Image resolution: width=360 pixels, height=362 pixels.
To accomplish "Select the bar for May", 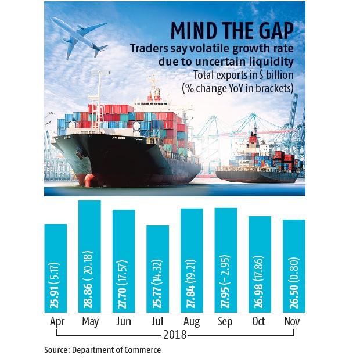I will point(89,256).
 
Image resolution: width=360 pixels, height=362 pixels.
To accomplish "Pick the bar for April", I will point(56,268).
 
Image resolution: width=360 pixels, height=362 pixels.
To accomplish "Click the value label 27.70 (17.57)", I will point(124,279).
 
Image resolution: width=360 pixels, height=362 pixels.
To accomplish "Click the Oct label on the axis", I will point(260,321).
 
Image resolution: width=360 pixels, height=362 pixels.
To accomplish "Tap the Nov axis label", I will point(294,321).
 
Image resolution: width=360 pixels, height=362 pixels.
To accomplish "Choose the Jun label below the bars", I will point(124,321).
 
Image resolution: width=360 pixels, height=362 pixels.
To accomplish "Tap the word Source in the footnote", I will point(58,350).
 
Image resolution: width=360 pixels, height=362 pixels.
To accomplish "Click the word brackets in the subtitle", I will point(276,88).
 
